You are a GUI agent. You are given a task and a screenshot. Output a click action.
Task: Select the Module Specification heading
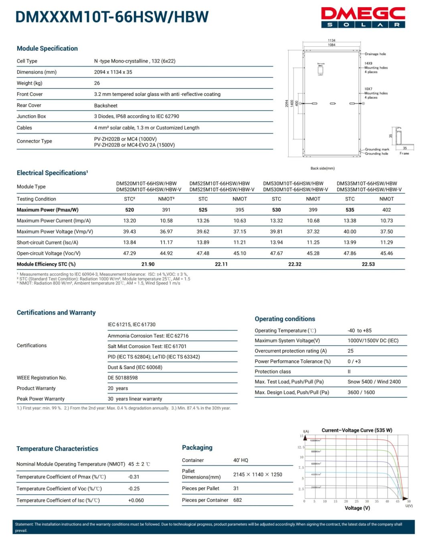click(47, 49)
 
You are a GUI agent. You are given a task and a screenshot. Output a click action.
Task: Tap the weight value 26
click(97, 83)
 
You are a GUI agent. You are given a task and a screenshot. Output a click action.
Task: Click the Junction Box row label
click(31, 116)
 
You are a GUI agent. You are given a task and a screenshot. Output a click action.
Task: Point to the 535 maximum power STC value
click(350, 210)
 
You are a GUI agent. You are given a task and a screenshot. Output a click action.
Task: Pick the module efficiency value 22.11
click(221, 264)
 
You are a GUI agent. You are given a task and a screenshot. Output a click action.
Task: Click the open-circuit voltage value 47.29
click(130, 253)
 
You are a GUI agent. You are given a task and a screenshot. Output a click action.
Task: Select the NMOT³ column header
click(166, 199)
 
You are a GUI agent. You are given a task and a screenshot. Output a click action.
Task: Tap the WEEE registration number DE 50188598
click(123, 378)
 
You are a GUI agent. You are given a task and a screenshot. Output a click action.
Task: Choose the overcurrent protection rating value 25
click(350, 351)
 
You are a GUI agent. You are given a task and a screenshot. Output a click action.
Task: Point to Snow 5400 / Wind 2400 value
click(374, 382)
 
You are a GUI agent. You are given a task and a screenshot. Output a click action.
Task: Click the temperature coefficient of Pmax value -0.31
click(134, 477)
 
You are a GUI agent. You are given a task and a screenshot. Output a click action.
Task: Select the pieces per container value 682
click(238, 500)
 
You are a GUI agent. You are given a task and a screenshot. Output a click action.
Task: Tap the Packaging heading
click(197, 448)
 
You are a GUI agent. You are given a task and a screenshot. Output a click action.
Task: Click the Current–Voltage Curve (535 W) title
click(357, 430)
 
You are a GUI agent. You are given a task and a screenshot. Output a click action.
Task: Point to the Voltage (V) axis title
click(357, 508)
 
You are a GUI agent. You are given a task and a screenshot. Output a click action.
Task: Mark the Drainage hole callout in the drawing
click(375, 54)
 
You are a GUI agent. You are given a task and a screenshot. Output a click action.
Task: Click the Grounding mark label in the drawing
click(377, 149)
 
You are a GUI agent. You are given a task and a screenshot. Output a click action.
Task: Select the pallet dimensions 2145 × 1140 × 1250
click(258, 474)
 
